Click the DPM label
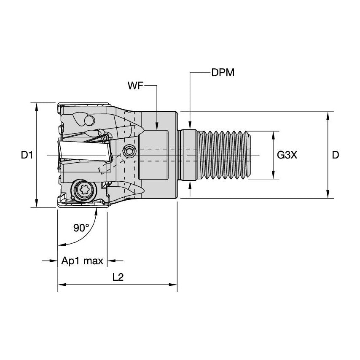click(223, 73)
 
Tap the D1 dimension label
click(27, 155)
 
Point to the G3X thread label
click(287, 155)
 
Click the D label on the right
click(336, 155)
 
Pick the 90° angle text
click(81, 228)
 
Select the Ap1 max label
click(82, 261)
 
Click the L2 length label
click(118, 277)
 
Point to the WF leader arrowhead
click(157, 126)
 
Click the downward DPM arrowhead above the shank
click(190, 125)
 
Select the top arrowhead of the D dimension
click(328, 116)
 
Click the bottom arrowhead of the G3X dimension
click(273, 175)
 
